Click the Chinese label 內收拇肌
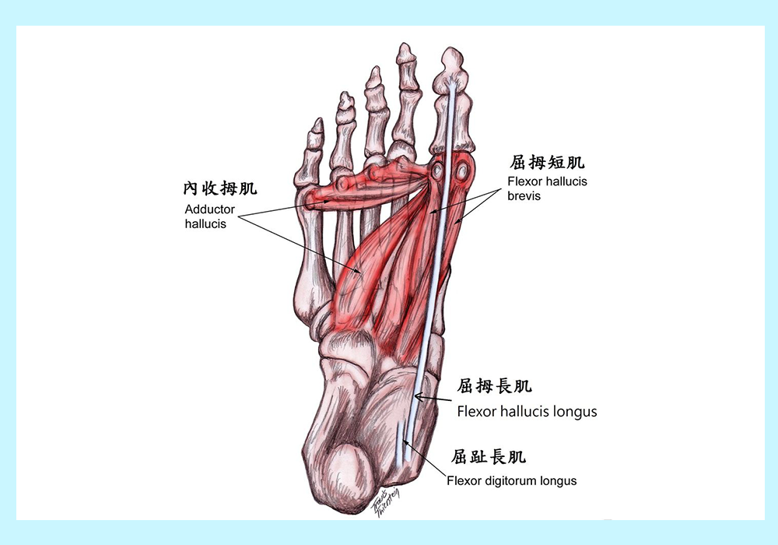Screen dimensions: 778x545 (220, 188)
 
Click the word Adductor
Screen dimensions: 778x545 (209, 209)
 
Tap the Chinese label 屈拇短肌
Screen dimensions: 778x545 (547, 162)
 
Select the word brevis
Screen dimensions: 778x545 (524, 195)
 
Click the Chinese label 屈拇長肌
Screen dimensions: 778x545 (494, 385)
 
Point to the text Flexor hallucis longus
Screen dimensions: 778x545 (527, 412)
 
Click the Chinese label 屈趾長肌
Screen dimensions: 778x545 (489, 456)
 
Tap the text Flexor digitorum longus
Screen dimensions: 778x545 (512, 480)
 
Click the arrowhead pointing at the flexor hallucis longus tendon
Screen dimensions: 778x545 (417, 396)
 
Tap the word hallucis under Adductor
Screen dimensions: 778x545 (205, 224)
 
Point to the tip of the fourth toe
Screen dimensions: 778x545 (346, 93)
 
